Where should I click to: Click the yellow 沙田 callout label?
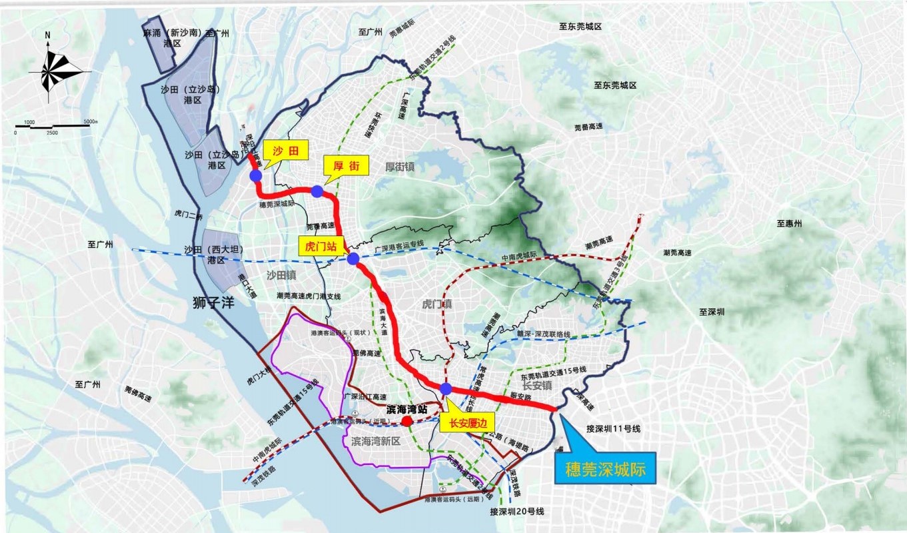tap(286, 150)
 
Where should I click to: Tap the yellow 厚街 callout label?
tap(345, 165)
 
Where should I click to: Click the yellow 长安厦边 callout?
tap(464, 422)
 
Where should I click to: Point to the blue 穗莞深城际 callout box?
tap(605, 468)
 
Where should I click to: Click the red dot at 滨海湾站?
tap(406, 422)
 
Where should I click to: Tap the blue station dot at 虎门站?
tap(353, 259)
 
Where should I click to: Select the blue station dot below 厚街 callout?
tap(317, 191)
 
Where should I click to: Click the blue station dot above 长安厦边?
tap(446, 389)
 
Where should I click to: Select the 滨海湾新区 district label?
tap(375, 442)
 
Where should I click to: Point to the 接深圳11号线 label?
tap(613, 428)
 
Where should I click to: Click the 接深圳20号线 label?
tap(517, 512)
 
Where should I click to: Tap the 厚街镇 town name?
tap(400, 166)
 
